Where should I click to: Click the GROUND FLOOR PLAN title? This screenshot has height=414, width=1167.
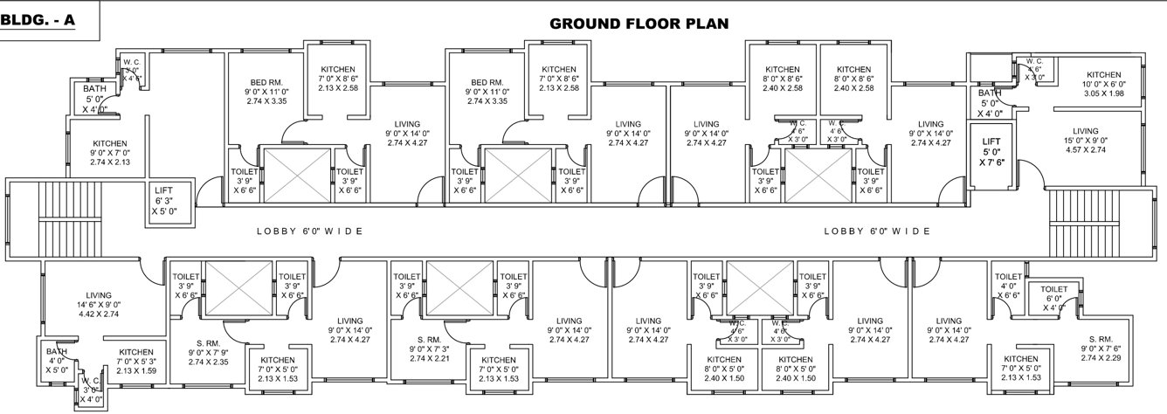pos(639,23)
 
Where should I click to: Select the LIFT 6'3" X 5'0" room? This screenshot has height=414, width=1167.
pos(163,201)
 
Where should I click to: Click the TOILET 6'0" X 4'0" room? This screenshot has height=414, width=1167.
pos(1054,297)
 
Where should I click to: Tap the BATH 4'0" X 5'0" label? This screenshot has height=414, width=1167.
pos(58,360)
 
